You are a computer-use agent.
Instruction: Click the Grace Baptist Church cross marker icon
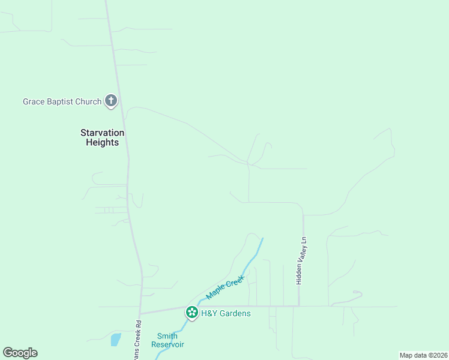[x=111, y=101]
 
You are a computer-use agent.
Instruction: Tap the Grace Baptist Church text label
[x=62, y=101]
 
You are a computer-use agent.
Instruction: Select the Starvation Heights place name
[x=103, y=137]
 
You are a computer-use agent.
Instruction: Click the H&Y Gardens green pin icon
[x=192, y=313]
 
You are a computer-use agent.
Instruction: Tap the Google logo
[x=20, y=353]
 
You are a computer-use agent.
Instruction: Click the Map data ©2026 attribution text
[x=424, y=355]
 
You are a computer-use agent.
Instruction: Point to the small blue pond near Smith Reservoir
[x=115, y=340]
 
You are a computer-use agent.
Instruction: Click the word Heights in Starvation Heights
[x=103, y=143]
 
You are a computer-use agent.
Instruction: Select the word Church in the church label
[x=88, y=101]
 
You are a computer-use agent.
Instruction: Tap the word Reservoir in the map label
[x=167, y=344]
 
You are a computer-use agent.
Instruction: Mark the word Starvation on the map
[x=103, y=133]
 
